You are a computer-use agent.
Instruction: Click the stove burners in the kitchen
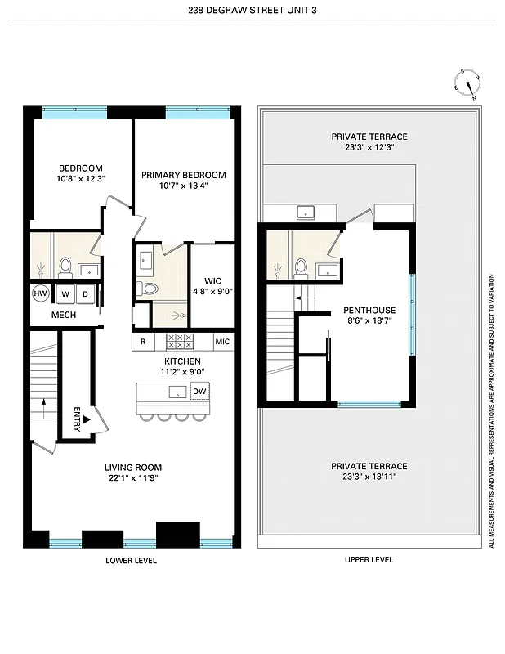180,342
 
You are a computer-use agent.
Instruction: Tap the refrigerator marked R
143,342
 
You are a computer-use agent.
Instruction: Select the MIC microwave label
222,342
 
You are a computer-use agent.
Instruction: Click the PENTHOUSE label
369,311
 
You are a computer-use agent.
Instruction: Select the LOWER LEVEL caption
131,560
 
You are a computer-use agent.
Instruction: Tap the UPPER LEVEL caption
369,560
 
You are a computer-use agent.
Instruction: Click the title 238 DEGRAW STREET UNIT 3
252,10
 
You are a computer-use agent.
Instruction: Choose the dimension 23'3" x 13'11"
369,477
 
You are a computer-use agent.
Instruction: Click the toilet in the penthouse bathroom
301,267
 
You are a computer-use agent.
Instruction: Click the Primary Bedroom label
183,175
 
